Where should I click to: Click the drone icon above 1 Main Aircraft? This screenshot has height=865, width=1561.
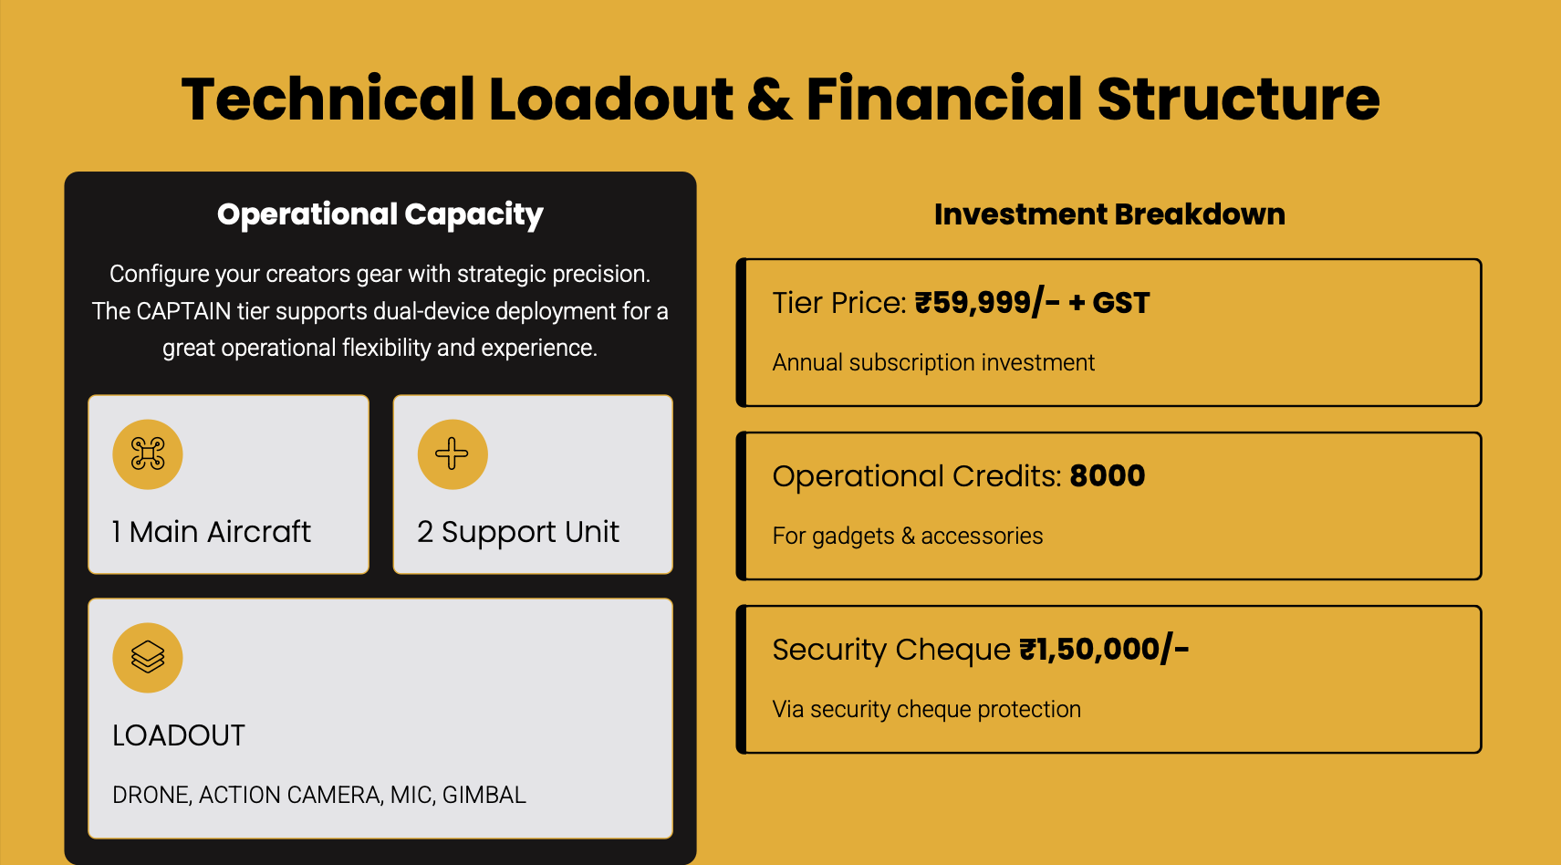148,454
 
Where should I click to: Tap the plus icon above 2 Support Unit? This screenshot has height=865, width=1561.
453,453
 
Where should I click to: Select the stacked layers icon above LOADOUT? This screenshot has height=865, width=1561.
148,657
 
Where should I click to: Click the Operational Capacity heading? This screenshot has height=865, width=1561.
380,214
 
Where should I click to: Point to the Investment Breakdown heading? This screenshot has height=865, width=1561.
1109,214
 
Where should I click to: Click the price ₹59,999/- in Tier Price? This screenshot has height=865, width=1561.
987,303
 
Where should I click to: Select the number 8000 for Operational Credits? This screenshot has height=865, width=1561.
1108,476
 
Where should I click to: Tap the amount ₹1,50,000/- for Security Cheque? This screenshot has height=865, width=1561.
1104,650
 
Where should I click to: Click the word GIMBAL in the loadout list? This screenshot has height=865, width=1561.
484,795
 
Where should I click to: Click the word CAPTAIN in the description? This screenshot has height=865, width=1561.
183,311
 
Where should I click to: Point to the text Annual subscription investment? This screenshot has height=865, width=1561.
934,362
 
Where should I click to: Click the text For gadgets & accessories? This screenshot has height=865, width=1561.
908,536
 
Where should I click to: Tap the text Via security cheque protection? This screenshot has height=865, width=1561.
927,710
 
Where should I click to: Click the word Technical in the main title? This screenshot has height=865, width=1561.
328,99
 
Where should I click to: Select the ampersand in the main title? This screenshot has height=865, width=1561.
769,99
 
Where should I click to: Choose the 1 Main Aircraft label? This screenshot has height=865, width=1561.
211,532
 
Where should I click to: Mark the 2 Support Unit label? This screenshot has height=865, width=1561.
518,533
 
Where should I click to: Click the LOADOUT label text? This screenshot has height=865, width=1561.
179,735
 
